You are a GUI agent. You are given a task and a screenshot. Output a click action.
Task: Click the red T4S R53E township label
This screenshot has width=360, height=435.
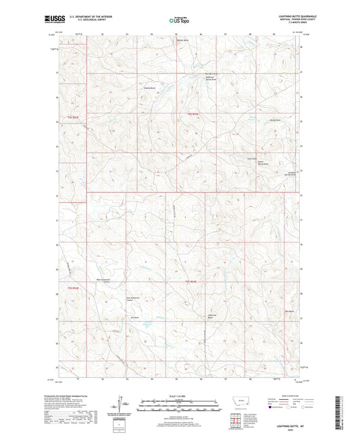72,116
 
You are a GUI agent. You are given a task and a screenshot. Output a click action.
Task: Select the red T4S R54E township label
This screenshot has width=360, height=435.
193,113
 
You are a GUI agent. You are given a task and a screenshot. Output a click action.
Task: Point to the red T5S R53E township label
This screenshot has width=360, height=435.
72,288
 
